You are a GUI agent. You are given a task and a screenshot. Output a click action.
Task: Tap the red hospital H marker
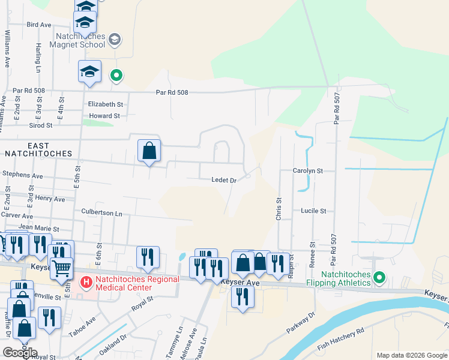[86, 281]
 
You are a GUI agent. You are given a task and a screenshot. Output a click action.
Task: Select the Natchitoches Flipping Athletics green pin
[379, 278]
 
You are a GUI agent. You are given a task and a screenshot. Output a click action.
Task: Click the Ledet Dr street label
[224, 180]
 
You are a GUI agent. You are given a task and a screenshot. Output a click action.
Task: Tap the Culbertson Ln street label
[101, 213]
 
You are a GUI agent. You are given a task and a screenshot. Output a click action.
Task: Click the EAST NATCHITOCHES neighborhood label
[38, 149]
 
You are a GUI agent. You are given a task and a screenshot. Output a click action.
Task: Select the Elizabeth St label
[105, 104]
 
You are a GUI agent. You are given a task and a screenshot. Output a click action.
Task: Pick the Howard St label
[104, 116]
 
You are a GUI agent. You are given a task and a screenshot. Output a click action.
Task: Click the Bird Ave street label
[39, 25]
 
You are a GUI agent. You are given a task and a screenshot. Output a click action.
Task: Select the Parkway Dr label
[302, 326]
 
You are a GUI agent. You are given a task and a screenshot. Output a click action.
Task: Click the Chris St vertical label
[279, 208]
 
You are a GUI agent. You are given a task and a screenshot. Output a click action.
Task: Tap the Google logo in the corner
[20, 352]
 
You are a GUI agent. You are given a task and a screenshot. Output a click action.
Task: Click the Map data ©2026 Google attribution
[411, 355]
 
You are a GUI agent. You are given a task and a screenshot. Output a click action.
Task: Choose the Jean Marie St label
[39, 229]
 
